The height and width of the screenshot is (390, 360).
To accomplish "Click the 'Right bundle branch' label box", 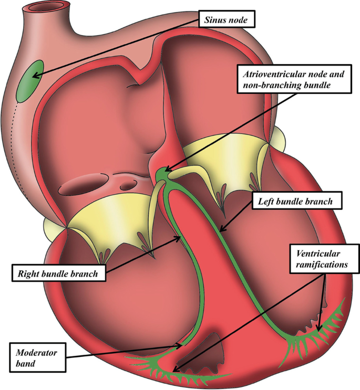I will pyautogui.click(x=57, y=273).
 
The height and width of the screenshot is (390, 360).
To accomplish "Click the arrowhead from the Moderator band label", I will pyautogui.click(x=181, y=345).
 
